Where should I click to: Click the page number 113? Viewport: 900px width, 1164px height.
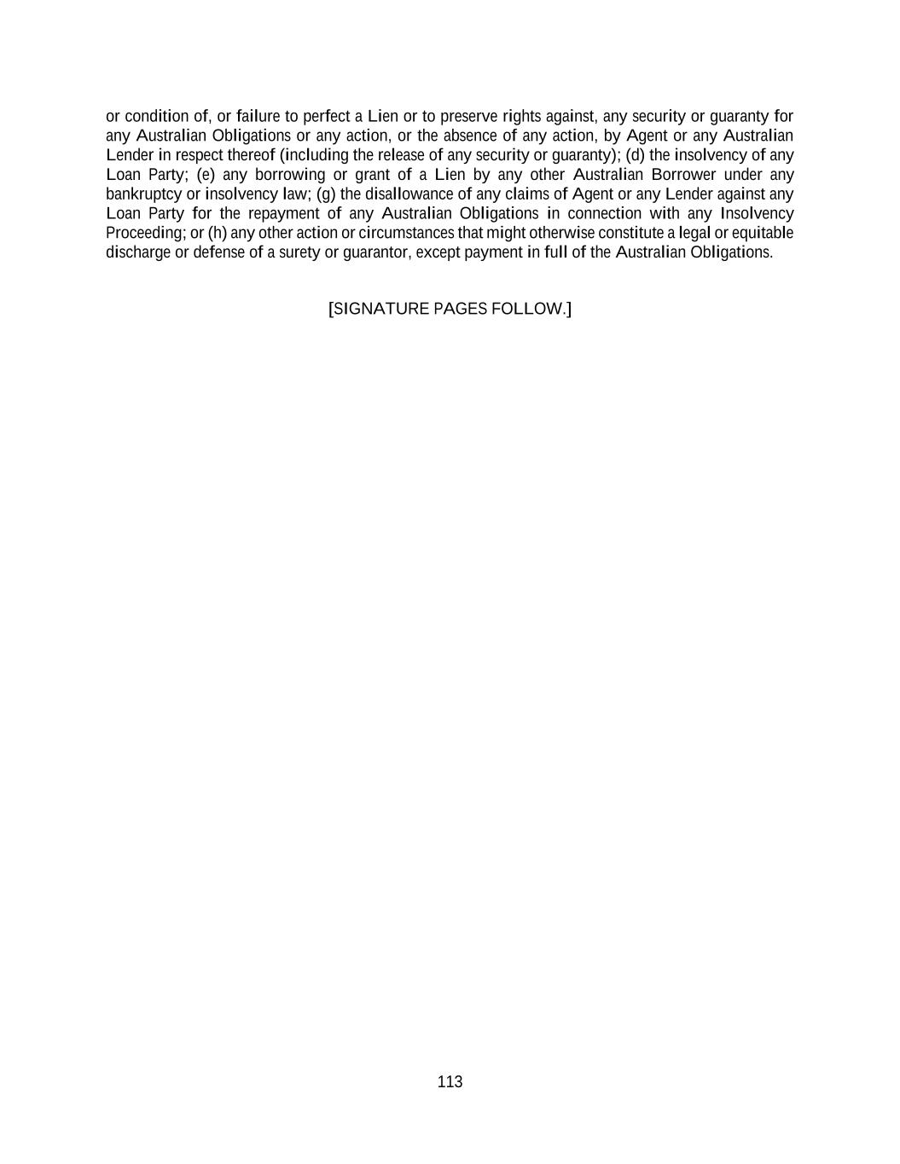450,1082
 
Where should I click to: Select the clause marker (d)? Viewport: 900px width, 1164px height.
636,155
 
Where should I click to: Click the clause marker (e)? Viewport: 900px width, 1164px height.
206,175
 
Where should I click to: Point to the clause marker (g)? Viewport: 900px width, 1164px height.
327,194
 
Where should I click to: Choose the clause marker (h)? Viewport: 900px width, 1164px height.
218,233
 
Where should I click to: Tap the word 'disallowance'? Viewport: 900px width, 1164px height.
409,194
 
